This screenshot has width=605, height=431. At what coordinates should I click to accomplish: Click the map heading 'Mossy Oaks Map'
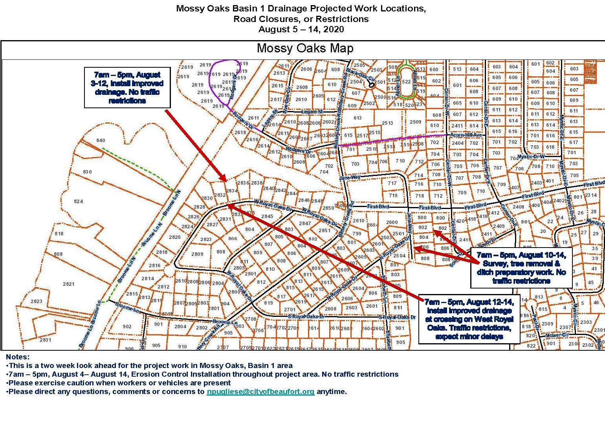coord(305,48)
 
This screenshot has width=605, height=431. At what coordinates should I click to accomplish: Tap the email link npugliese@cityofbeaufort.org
coord(260,392)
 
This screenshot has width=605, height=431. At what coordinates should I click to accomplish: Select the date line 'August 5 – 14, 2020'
coord(301,30)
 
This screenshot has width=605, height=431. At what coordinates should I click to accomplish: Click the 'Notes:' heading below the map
coord(18,357)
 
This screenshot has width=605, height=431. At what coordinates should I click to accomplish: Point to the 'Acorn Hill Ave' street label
coord(466,135)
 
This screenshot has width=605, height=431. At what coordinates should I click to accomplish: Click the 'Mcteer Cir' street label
coord(557,335)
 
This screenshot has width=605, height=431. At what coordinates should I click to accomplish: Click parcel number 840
coord(101,141)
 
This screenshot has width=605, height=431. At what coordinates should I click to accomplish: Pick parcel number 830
coord(87,172)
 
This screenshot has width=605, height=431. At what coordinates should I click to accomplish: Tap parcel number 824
coord(78,202)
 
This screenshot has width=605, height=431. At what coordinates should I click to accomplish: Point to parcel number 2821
coord(68,284)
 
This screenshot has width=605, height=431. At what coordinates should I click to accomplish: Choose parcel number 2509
coord(415,122)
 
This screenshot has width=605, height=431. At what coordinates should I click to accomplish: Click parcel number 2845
coord(267,216)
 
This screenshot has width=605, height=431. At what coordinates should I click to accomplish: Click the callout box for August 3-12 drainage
coord(127,87)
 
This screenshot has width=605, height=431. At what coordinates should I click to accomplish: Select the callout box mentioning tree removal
coord(521,268)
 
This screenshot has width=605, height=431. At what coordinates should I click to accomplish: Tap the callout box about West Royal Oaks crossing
coord(469,319)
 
